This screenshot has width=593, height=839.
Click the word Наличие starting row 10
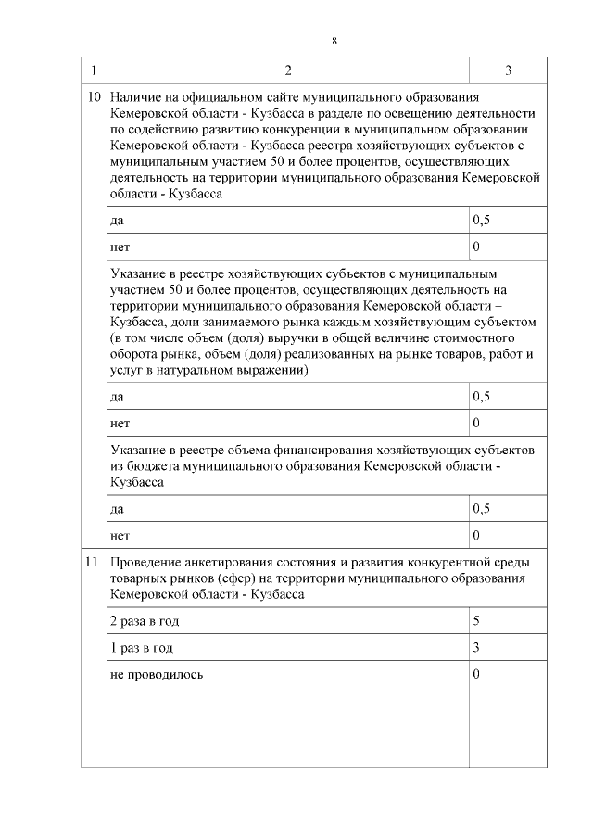point(134,97)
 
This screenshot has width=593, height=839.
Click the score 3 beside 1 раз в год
point(476,647)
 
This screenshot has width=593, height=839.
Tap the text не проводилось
point(157,674)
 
